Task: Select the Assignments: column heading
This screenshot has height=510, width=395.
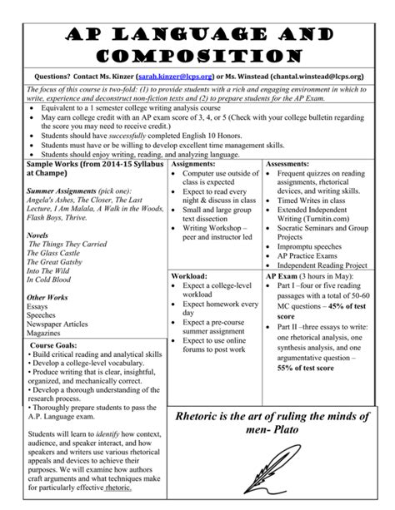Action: pos(195,141)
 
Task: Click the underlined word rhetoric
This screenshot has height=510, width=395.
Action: pos(118,488)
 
